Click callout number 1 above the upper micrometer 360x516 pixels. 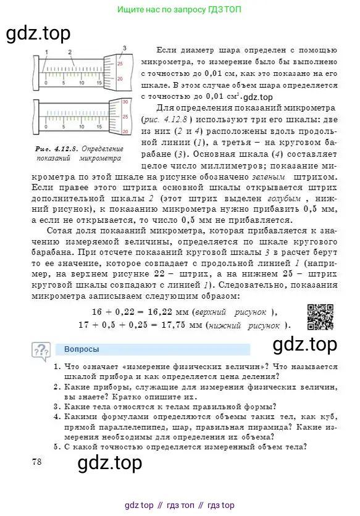(47, 51)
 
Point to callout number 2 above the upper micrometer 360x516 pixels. (70, 51)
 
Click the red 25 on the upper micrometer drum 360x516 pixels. (120, 64)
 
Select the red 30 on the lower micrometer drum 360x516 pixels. (124, 101)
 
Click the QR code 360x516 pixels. (320, 318)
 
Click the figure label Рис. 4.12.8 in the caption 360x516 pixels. (55, 149)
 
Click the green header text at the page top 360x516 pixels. (179, 10)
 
